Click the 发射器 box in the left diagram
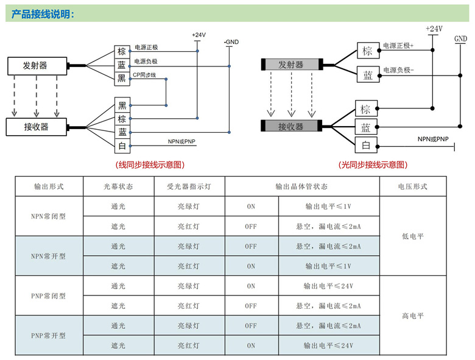point(35,65)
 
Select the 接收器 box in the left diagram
point(36,127)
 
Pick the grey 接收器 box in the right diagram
point(290,126)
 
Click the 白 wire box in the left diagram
point(122,145)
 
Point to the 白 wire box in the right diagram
point(366,145)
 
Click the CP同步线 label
point(146,75)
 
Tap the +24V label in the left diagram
point(199,35)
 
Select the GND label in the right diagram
point(460,39)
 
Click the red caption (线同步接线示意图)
point(150,164)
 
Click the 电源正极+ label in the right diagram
point(398,46)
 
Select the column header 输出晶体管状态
point(301,186)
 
